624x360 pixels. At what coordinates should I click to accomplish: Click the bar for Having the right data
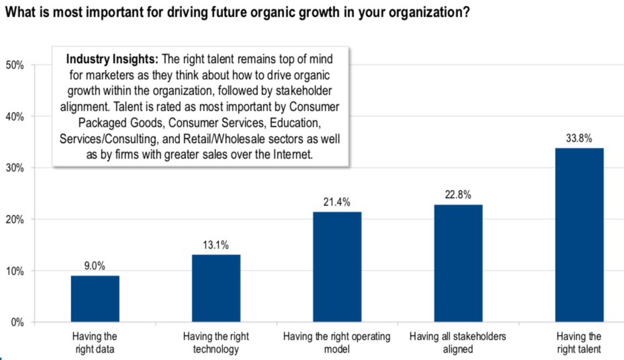(x=95, y=299)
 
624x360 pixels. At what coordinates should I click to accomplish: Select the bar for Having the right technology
(x=216, y=289)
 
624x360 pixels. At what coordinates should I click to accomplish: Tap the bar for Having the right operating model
(x=337, y=267)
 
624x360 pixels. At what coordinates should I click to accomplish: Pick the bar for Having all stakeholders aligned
(x=458, y=263)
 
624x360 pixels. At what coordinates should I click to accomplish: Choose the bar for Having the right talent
(x=579, y=235)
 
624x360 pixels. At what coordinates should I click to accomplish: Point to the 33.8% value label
(x=579, y=139)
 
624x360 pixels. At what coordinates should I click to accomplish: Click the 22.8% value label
(x=458, y=195)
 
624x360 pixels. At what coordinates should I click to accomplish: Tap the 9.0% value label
(x=95, y=267)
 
